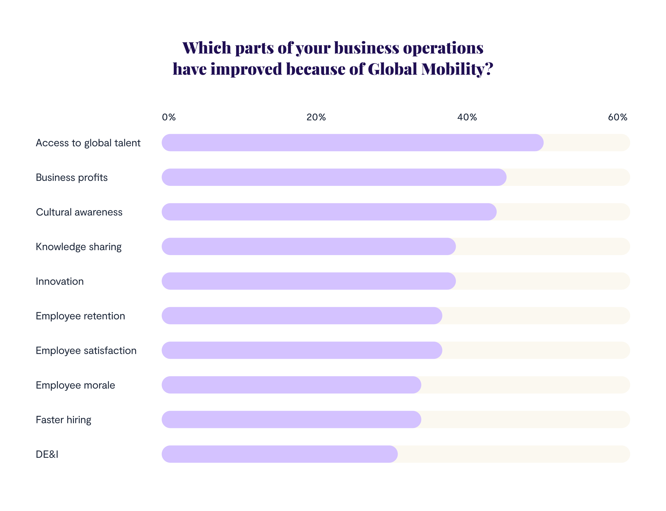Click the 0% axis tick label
[169, 117]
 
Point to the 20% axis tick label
[316, 117]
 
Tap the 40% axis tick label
[467, 117]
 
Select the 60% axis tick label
[617, 117]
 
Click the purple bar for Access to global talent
[352, 143]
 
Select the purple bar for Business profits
[334, 177]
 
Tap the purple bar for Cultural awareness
[329, 212]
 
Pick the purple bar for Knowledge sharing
[308, 246]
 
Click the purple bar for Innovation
[308, 281]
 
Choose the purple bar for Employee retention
[302, 316]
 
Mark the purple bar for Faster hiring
[291, 419]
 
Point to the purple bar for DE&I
[279, 454]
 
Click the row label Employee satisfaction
[86, 351]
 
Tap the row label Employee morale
[75, 385]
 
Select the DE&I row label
[47, 454]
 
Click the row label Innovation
[60, 281]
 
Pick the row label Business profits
[72, 177]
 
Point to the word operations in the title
[443, 48]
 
